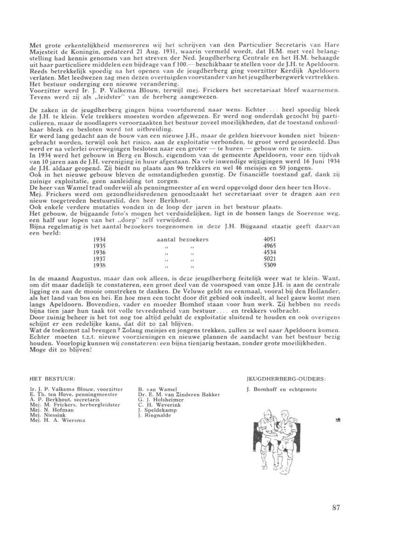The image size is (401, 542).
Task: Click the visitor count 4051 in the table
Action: [270, 239]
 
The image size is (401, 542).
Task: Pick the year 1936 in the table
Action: [99, 252]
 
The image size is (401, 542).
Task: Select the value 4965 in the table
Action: [270, 246]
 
